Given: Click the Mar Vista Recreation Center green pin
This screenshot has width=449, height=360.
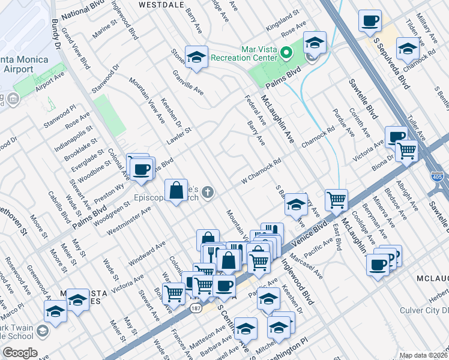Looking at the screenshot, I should click(286, 53).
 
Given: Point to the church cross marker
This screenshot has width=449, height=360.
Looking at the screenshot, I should click(208, 193).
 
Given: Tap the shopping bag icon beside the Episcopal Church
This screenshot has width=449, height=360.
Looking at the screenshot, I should click(176, 191).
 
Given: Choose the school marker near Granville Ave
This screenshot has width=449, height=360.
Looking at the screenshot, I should click(196, 58).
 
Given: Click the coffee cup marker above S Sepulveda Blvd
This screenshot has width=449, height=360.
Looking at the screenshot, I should click(370, 22).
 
